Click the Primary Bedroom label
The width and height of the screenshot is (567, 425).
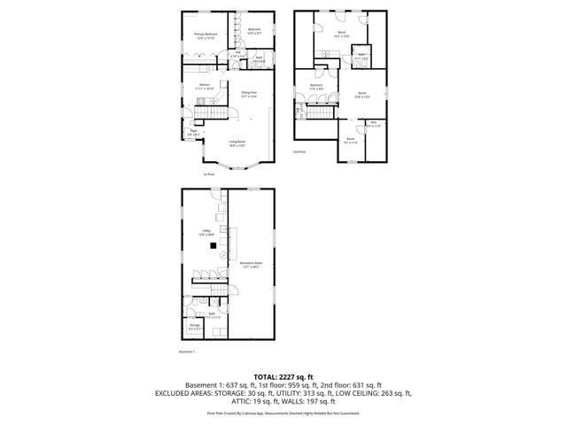point(206,35)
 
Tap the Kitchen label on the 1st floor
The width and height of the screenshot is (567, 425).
point(205,87)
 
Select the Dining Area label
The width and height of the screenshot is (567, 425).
point(249,94)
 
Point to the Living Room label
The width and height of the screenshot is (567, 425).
point(237,143)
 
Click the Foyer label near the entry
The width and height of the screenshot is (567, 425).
point(192,132)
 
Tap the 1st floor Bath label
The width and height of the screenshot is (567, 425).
point(259,59)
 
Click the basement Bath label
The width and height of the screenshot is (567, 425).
point(213,314)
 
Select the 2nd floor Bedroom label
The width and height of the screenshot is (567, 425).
point(316,87)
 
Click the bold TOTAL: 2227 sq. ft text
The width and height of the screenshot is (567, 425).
point(283,375)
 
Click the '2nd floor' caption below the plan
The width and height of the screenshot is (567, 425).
point(299,151)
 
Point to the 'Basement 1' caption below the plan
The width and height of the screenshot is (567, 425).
point(187,352)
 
